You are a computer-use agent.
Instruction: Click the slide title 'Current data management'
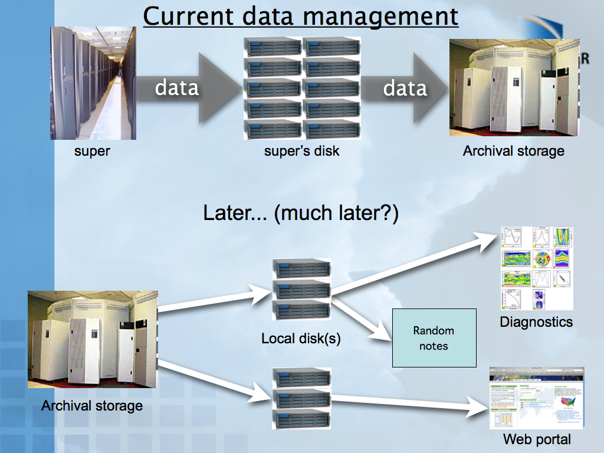click(x=300, y=16)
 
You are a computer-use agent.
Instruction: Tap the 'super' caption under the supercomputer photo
click(x=92, y=151)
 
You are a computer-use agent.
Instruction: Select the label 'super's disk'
click(x=301, y=151)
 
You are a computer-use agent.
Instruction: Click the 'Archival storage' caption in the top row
click(x=513, y=151)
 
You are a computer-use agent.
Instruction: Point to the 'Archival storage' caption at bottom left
click(x=92, y=406)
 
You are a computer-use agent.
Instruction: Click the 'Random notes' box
click(x=434, y=338)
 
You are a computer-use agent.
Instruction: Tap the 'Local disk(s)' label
click(x=301, y=339)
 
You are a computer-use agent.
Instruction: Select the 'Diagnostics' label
click(x=536, y=322)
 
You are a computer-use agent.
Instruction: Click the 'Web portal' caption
click(x=537, y=439)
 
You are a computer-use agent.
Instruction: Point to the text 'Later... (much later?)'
click(x=301, y=213)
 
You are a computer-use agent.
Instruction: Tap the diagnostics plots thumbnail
click(x=537, y=268)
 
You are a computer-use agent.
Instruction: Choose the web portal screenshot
click(x=537, y=398)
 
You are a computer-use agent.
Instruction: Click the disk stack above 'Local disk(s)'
click(x=301, y=290)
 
